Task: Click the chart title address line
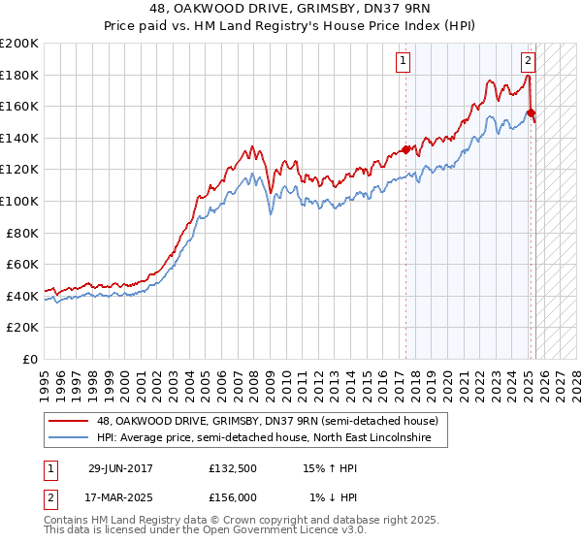290,10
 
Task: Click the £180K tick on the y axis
19,75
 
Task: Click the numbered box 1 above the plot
404,61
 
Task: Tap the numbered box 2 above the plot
528,61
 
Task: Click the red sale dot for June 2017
405,150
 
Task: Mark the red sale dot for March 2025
531,112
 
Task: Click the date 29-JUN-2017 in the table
120,467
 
